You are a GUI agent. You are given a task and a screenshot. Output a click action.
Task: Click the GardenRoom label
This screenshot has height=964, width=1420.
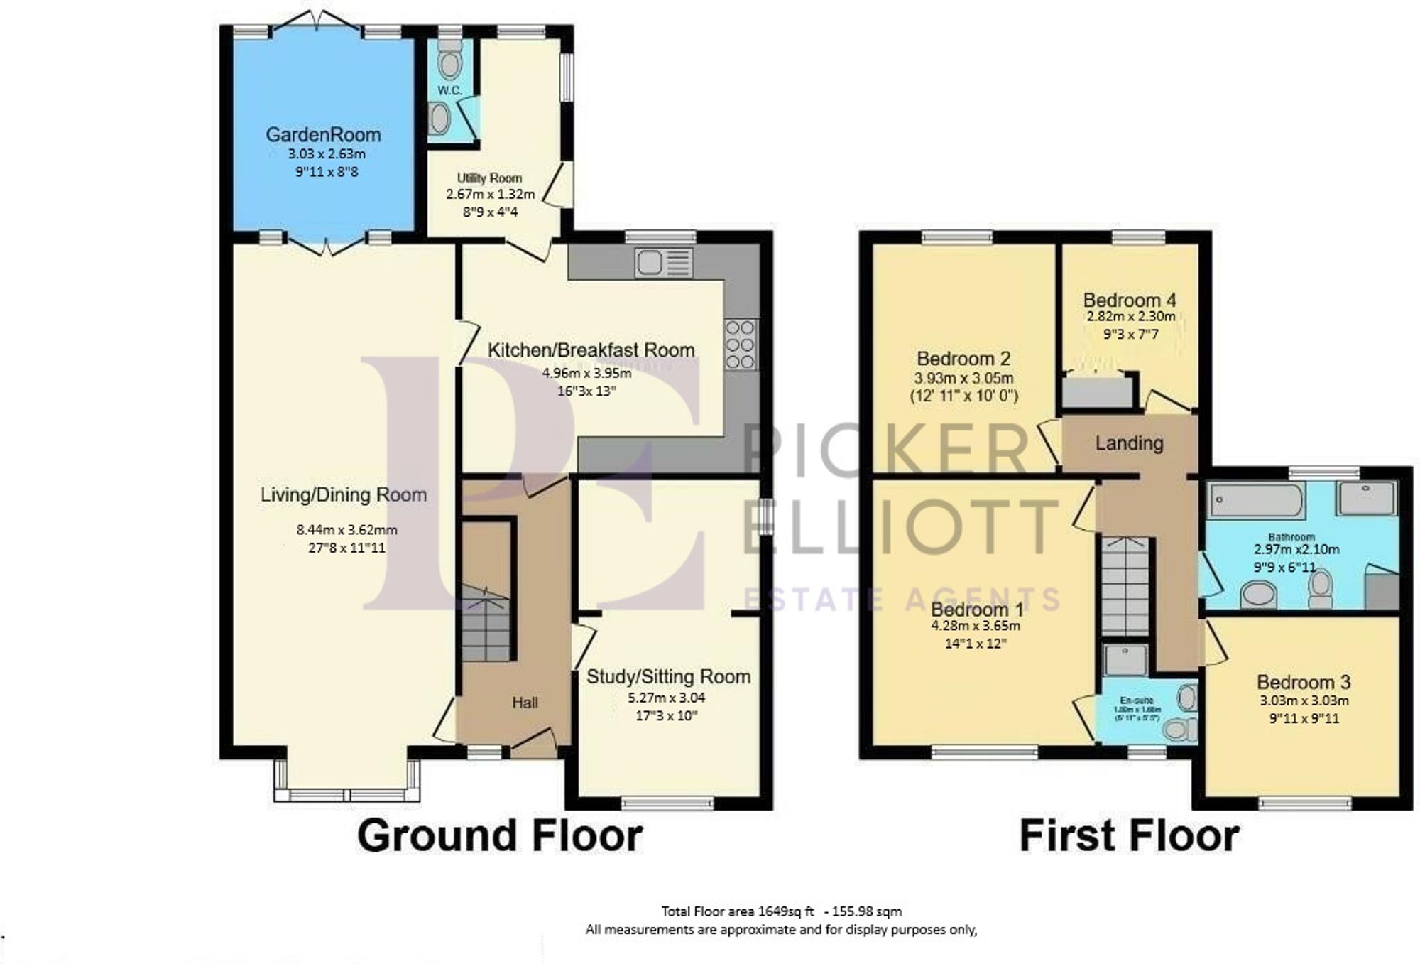pyautogui.click(x=323, y=134)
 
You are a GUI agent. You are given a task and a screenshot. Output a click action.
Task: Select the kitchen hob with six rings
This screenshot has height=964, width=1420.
pyautogui.click(x=740, y=345)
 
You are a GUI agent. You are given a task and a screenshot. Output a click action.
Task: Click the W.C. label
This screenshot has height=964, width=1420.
pyautogui.click(x=449, y=90)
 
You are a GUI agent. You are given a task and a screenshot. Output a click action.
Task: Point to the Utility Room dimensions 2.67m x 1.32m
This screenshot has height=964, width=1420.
pyautogui.click(x=490, y=194)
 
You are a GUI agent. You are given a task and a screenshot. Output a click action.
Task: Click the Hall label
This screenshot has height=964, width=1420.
pyautogui.click(x=525, y=703)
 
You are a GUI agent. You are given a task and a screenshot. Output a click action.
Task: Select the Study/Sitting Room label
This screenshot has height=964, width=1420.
pyautogui.click(x=668, y=676)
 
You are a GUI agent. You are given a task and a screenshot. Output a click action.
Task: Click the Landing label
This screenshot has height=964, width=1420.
pyautogui.click(x=1129, y=443)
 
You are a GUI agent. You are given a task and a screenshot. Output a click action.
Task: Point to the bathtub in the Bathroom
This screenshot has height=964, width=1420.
pyautogui.click(x=1256, y=500)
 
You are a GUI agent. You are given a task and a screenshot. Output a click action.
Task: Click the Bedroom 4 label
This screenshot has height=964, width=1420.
pyautogui.click(x=1129, y=300)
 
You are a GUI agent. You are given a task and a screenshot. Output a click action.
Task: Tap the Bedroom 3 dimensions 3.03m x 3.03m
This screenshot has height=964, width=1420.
pyautogui.click(x=1304, y=700)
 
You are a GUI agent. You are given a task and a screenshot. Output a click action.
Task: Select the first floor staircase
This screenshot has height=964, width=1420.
pyautogui.click(x=1125, y=586)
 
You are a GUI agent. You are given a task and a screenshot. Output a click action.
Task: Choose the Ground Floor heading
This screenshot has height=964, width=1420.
pyautogui.click(x=499, y=835)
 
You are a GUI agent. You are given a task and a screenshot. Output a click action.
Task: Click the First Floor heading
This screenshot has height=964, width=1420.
pyautogui.click(x=1129, y=835)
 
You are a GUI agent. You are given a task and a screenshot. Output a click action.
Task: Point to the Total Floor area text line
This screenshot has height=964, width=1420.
pyautogui.click(x=781, y=911)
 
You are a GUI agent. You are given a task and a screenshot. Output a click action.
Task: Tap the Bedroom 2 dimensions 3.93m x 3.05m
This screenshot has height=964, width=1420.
pyautogui.click(x=963, y=378)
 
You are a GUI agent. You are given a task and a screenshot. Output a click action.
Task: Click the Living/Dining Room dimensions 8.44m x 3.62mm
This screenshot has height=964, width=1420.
pyautogui.click(x=346, y=530)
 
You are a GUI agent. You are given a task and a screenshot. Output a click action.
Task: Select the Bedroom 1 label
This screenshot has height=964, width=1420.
pyautogui.click(x=977, y=610)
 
